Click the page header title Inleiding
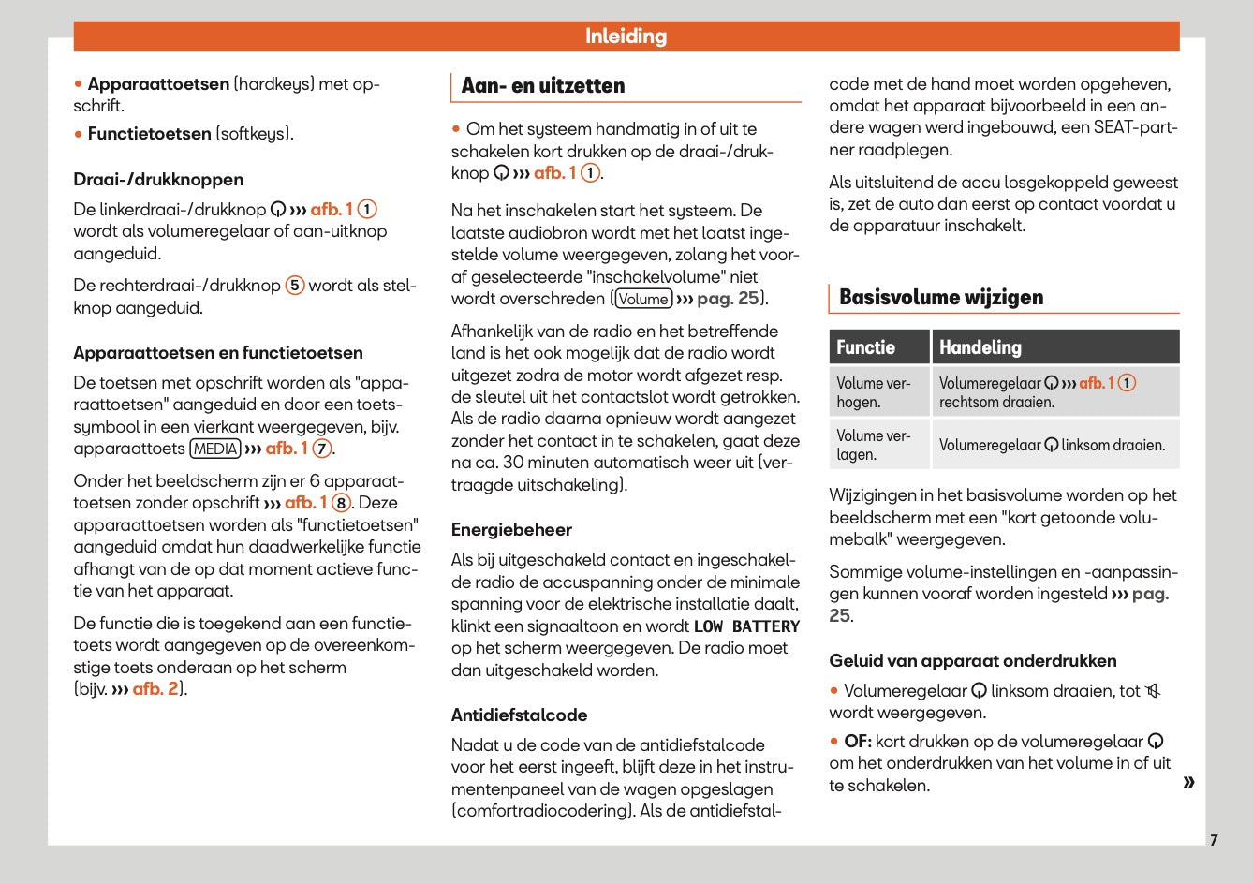pos(626,37)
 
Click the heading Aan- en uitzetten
pos(543,86)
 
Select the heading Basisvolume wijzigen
pos(940,298)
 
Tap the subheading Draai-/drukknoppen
pos(158,180)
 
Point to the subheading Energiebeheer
pos(511,530)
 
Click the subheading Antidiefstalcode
pos(519,715)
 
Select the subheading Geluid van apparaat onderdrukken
pos(972,661)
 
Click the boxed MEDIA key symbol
pos(215,449)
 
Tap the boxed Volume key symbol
pos(643,299)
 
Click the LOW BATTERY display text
pos(746,626)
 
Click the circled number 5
pos(295,286)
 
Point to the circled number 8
pos(342,503)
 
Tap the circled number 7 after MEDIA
pos(322,449)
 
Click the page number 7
pos(1214,840)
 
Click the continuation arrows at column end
pos(1188,782)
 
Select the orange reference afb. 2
pos(155,689)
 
